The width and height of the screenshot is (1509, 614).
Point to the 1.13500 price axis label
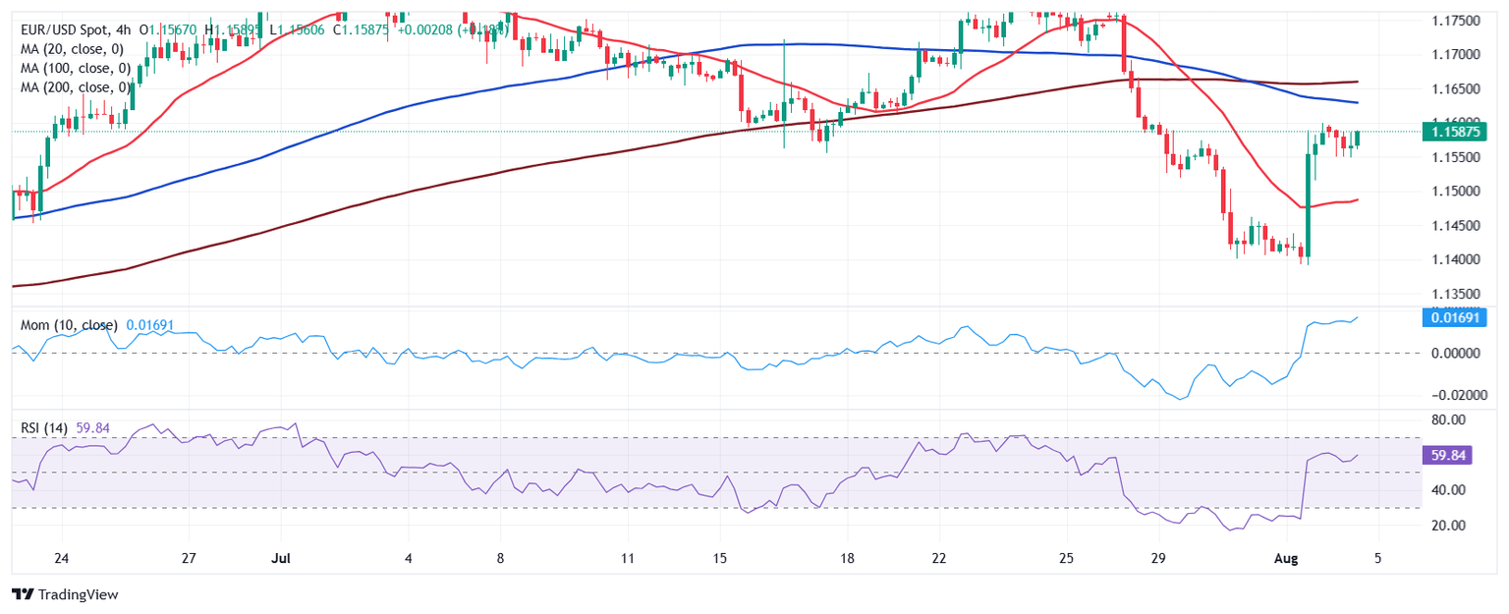[x=1451, y=294]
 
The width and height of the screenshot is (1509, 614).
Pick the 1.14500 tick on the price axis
[x=1451, y=226]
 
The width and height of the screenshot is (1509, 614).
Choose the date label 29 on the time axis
[x=1158, y=558]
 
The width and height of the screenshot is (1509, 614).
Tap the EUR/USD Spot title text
[x=65, y=30]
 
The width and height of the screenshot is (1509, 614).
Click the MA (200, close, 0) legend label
[x=80, y=86]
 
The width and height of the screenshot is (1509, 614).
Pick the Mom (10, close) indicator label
[x=69, y=324]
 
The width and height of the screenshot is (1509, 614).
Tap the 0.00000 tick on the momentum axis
[x=1449, y=353]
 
